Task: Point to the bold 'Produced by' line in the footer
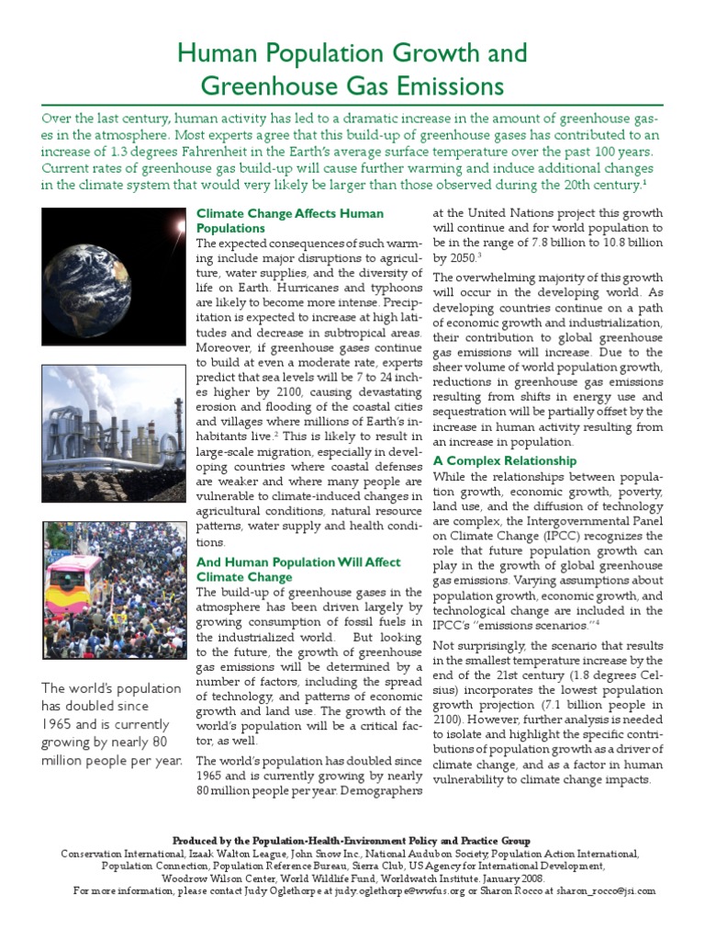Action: point(352,841)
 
